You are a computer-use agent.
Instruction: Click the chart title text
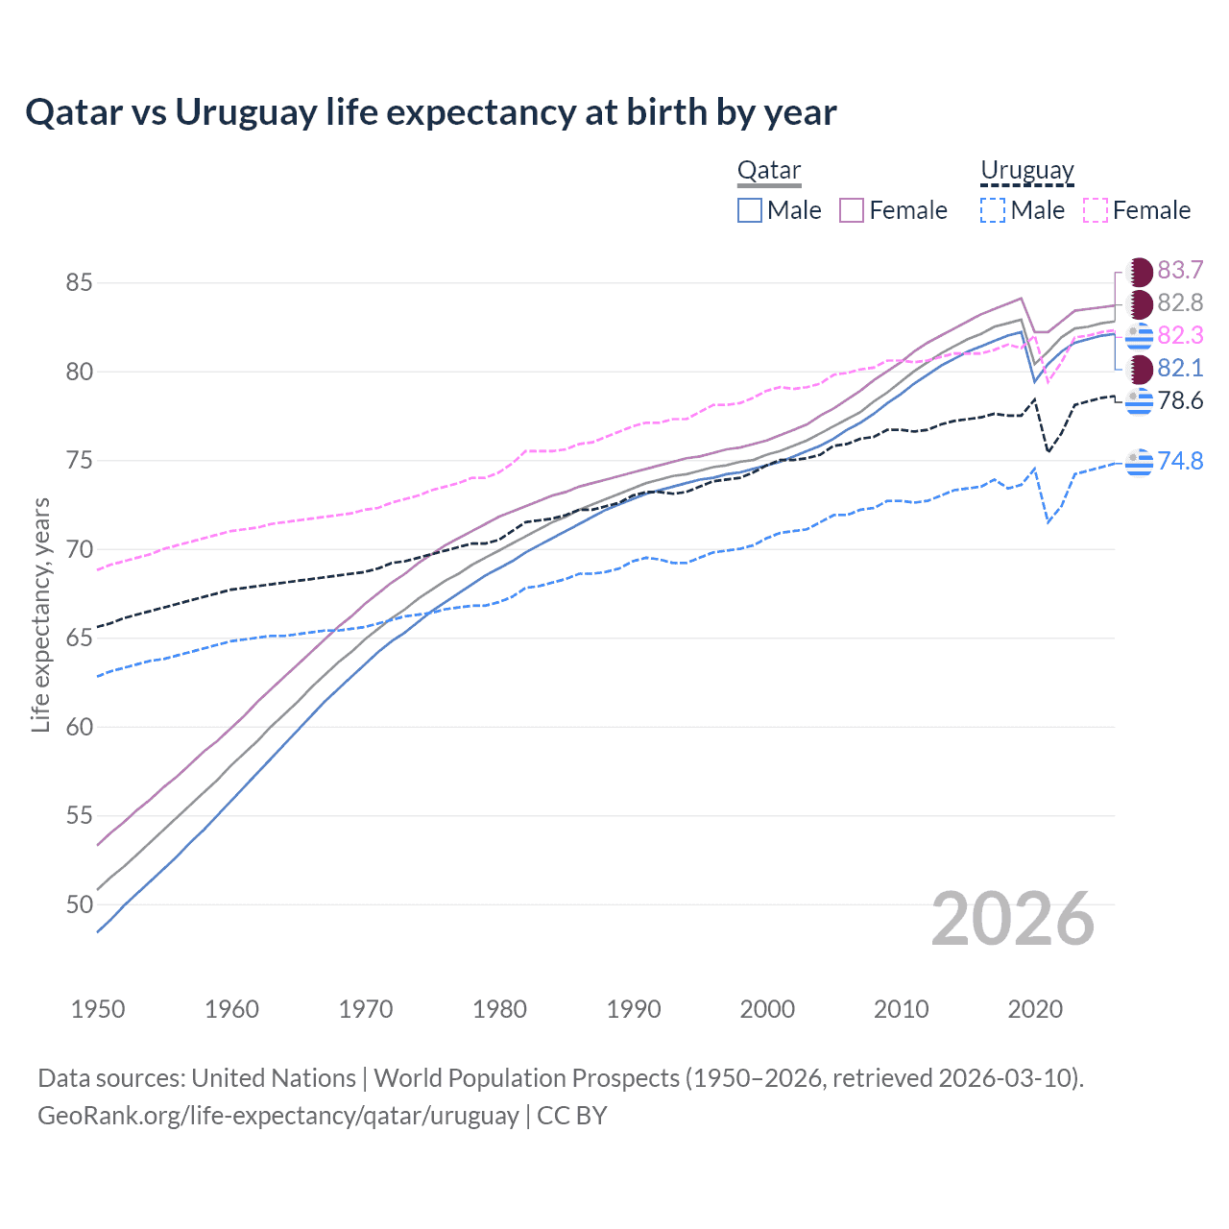point(431,112)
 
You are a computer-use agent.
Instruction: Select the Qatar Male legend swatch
point(750,210)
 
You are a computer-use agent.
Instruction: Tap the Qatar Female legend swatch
point(852,210)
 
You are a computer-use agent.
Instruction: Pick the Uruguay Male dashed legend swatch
point(993,210)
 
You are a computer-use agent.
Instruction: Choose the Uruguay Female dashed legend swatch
point(1096,210)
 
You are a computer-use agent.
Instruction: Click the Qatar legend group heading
point(768,171)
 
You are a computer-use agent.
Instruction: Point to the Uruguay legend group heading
point(1026,171)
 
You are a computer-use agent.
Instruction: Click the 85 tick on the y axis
point(79,283)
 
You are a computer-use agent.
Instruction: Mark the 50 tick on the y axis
point(79,904)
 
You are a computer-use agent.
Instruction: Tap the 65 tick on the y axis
point(79,639)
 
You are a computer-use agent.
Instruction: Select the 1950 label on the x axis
point(98,1009)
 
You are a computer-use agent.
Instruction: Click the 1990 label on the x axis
point(634,1009)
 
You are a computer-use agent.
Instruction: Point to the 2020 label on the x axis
point(1035,1009)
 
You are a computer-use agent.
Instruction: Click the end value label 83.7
point(1180,271)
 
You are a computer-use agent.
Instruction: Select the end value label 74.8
point(1180,461)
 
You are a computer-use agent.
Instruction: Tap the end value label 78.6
point(1180,401)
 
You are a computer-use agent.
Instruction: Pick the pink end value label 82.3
point(1180,336)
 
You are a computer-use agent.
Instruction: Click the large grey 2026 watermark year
point(1013,919)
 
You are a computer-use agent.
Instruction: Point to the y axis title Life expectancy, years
point(40,614)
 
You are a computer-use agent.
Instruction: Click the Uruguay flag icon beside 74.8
point(1139,462)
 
